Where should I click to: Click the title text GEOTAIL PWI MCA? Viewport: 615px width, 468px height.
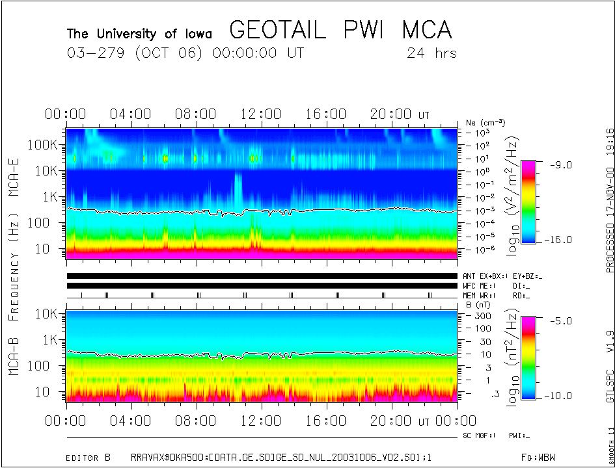click(x=340, y=30)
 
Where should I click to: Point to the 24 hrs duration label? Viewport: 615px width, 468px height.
click(x=431, y=53)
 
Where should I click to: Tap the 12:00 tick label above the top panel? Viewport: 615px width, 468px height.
click(x=261, y=114)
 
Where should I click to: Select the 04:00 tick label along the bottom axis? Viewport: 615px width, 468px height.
click(x=131, y=421)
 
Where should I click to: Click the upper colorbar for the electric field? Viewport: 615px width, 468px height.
click(x=529, y=201)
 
